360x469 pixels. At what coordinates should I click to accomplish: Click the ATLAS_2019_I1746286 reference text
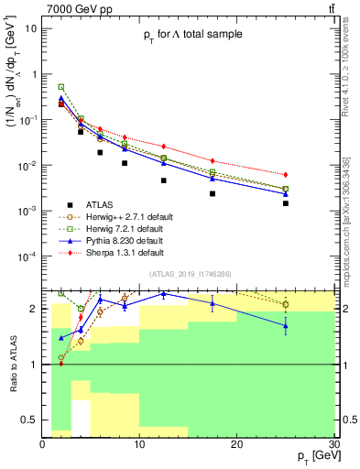pyautogui.click(x=191, y=274)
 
